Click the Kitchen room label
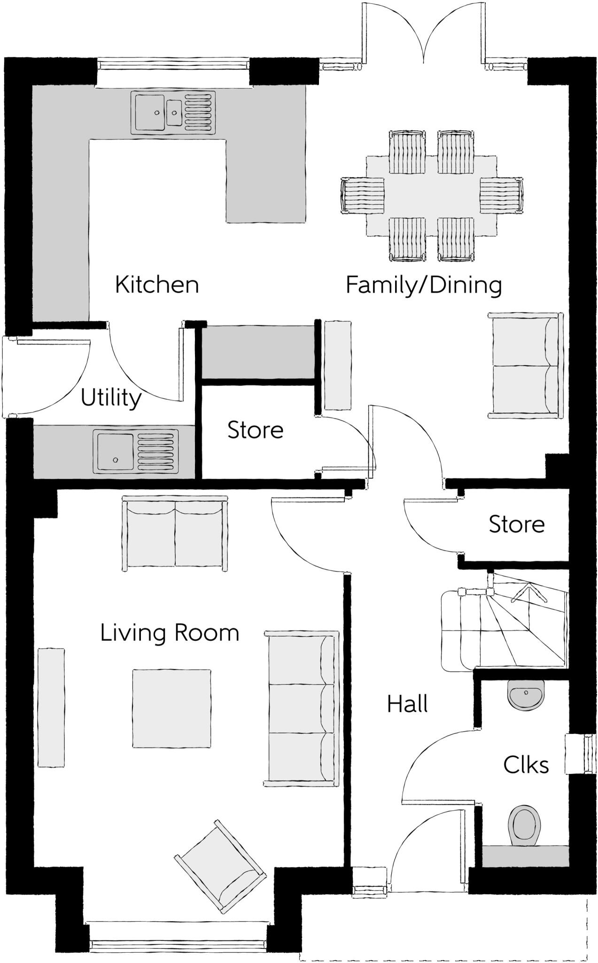[x=157, y=285]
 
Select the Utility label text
[x=111, y=398]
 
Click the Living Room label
[x=170, y=633]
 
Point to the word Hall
[x=407, y=704]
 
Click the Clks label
[x=526, y=766]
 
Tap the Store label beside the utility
[x=255, y=430]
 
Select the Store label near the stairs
[x=516, y=524]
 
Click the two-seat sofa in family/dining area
[x=525, y=365]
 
